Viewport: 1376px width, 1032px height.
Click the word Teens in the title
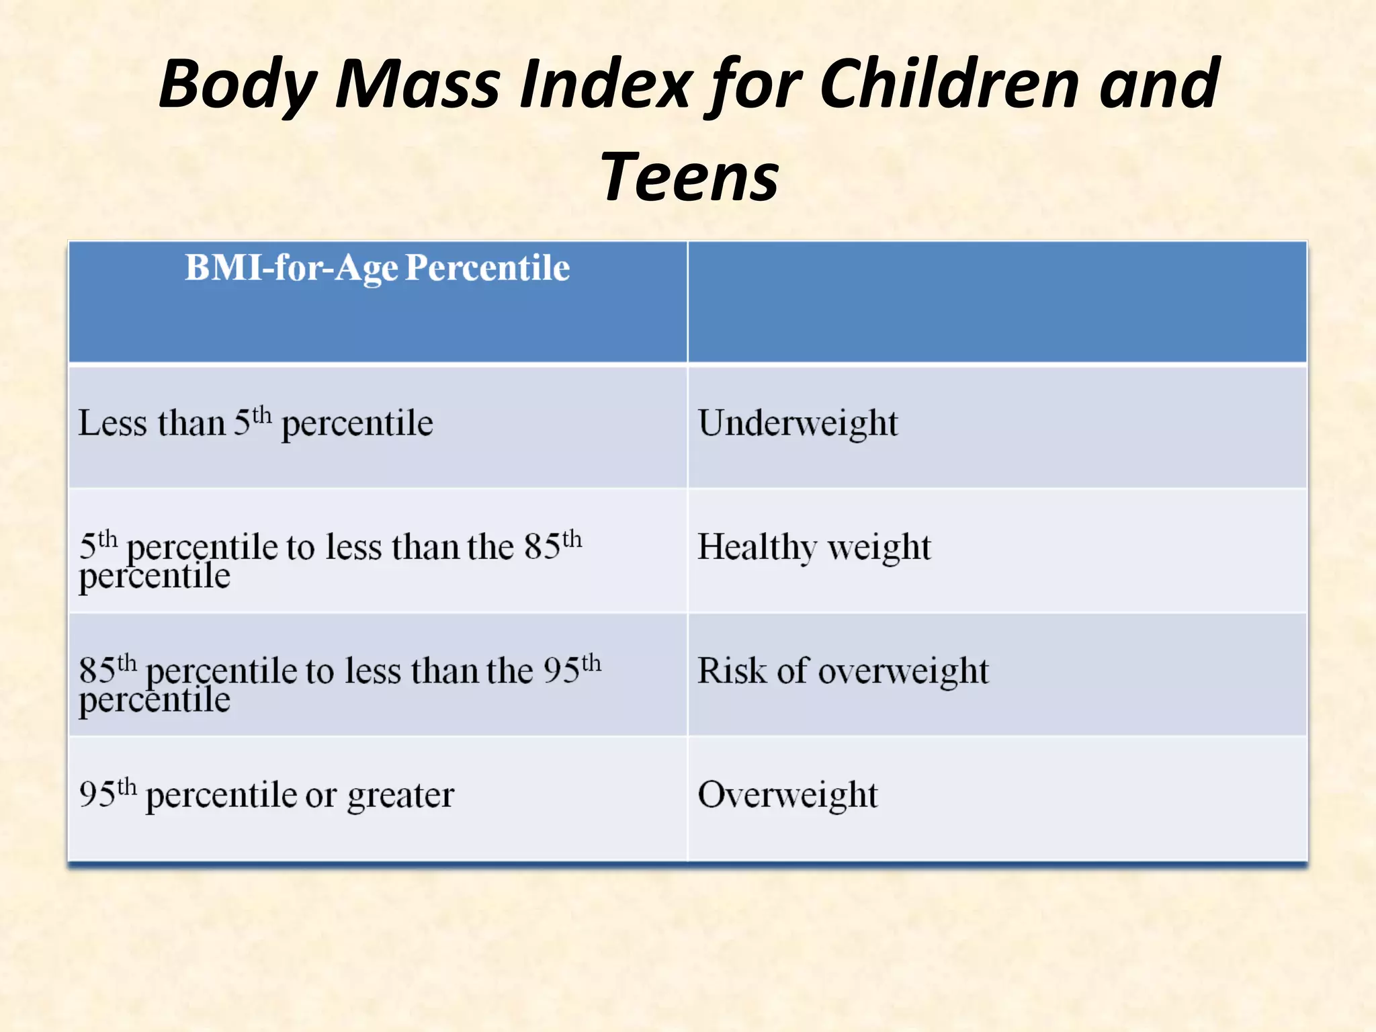pos(689,177)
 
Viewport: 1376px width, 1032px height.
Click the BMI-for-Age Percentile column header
pos(377,268)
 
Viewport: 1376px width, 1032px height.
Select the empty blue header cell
pos(997,302)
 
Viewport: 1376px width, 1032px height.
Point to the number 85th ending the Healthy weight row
pos(552,545)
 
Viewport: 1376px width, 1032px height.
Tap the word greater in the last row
pos(400,796)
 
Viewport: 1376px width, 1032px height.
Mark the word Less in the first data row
pos(112,423)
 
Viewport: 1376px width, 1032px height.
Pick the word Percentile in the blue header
pos(488,268)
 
